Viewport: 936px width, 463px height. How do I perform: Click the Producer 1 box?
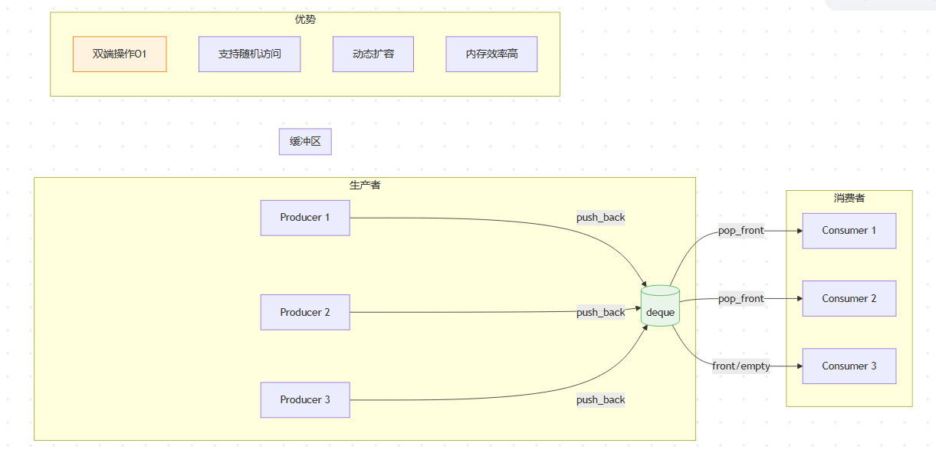[305, 218]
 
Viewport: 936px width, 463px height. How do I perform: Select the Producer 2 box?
[305, 312]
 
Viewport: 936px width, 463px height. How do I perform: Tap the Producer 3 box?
[305, 400]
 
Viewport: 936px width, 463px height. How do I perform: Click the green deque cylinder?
[660, 306]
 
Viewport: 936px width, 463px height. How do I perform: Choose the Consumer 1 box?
[849, 231]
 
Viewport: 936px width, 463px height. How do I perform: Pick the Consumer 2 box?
[849, 298]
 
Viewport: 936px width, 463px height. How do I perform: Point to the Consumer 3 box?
[849, 366]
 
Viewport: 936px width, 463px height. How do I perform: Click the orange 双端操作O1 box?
[120, 54]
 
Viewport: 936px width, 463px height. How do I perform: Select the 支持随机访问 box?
[249, 54]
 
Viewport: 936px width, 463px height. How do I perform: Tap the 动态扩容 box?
[373, 54]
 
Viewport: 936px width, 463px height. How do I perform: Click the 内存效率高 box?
[491, 54]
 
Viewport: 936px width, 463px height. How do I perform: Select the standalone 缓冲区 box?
[305, 142]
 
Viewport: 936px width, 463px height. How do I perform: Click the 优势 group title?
[305, 20]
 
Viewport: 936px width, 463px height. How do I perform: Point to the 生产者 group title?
[365, 185]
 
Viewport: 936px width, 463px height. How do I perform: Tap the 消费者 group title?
[849, 198]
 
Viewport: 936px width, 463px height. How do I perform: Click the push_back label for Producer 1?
[600, 218]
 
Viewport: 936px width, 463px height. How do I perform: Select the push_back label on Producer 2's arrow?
[600, 312]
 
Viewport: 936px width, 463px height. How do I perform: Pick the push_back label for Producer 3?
[600, 400]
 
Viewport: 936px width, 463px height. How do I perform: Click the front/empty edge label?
[741, 366]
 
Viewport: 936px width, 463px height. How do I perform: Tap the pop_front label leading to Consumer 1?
[741, 231]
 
